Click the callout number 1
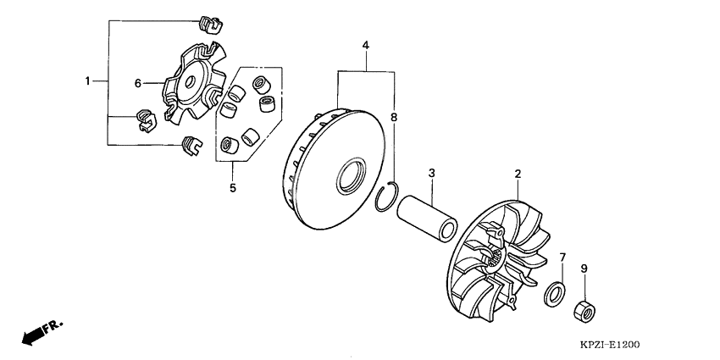87,81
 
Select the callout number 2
518,174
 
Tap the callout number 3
431,173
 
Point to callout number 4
366,45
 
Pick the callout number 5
233,188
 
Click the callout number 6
137,83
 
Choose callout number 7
562,258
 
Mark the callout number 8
394,118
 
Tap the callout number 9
584,269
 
